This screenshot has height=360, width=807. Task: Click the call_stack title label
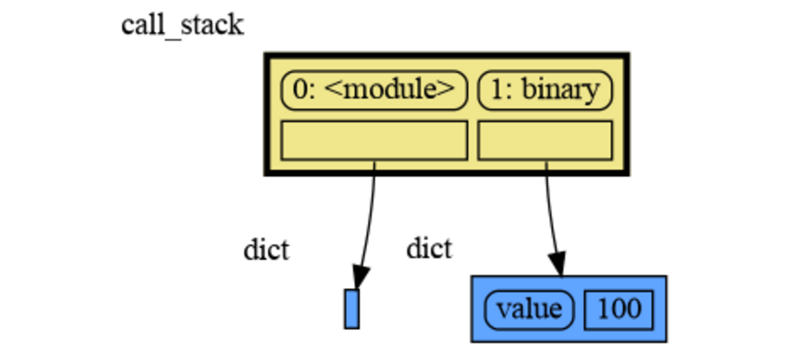click(182, 25)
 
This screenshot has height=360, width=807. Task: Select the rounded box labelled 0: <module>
click(374, 89)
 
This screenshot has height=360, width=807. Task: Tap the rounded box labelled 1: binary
click(545, 89)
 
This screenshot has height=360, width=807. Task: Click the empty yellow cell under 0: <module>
click(374, 140)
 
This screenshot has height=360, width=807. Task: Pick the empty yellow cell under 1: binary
click(545, 140)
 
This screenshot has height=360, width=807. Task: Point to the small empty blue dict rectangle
click(352, 308)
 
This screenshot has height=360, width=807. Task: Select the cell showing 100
click(619, 309)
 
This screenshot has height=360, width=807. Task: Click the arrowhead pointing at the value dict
click(557, 264)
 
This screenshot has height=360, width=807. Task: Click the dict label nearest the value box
click(429, 247)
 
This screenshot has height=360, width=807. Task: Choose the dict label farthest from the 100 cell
click(266, 250)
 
